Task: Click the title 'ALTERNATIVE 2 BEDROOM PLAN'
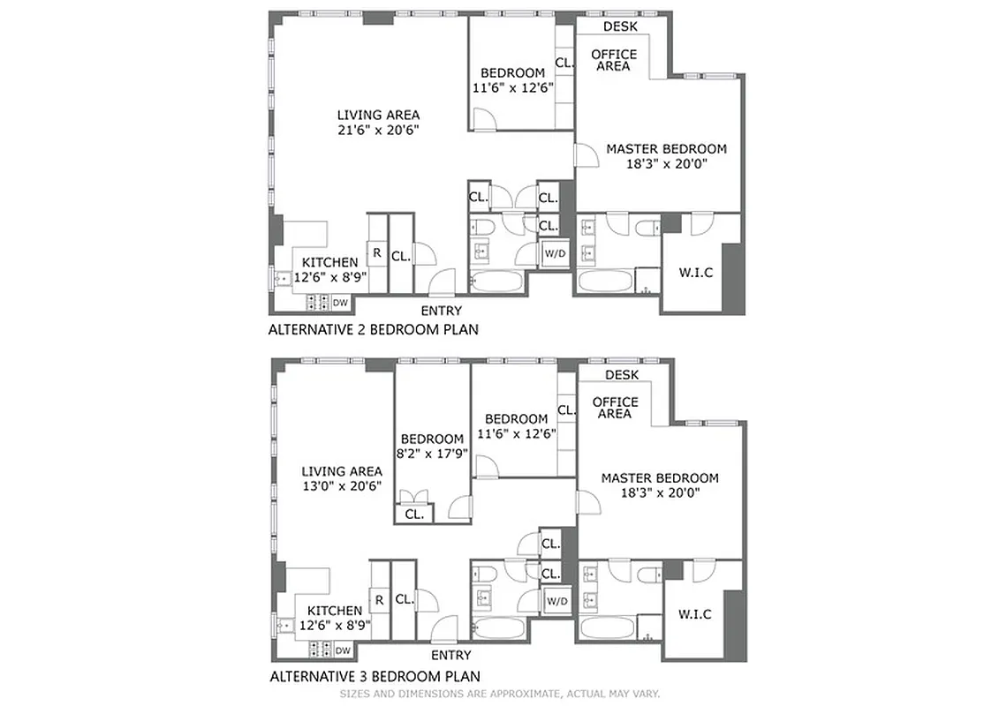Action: [373, 330]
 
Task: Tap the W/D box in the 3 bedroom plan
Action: [556, 601]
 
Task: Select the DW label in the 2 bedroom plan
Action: [339, 303]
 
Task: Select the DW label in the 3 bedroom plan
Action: [343, 650]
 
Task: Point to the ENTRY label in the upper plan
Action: [441, 311]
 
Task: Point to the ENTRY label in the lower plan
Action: [450, 656]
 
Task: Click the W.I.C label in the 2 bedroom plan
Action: [694, 273]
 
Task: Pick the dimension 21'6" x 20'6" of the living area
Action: [378, 130]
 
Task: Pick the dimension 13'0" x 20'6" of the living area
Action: [341, 486]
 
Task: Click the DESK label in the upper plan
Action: [620, 26]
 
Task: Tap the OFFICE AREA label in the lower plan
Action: [616, 408]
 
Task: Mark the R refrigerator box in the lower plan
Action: [379, 600]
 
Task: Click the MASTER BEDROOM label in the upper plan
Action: [666, 149]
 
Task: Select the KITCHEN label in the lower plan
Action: [335, 611]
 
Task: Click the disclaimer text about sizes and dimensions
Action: [500, 694]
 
